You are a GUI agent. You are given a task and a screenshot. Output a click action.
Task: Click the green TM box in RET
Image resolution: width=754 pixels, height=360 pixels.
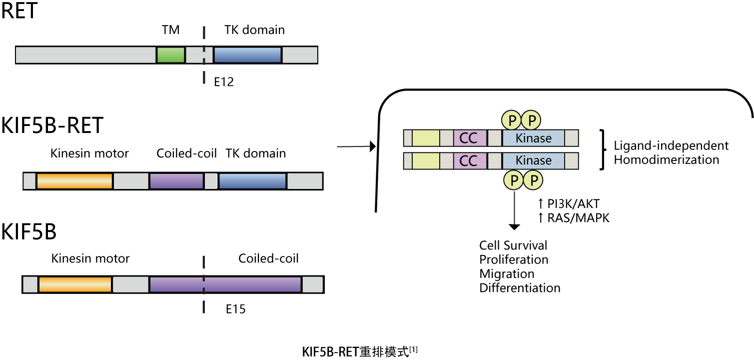[x=171, y=55]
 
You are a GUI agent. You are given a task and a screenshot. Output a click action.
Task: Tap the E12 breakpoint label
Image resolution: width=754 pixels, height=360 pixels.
[x=224, y=82]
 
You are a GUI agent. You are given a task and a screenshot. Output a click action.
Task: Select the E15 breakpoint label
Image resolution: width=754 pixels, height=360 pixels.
[x=236, y=309]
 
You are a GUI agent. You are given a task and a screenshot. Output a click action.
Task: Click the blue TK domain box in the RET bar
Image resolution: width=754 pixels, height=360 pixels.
[x=248, y=55]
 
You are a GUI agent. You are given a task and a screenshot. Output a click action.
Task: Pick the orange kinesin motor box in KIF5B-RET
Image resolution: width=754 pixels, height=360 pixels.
[x=74, y=181]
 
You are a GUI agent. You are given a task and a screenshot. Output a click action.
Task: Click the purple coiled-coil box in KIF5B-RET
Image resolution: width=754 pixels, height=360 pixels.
[x=177, y=181]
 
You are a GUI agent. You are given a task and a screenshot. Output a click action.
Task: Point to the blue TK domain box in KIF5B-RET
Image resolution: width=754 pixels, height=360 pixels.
[x=252, y=181]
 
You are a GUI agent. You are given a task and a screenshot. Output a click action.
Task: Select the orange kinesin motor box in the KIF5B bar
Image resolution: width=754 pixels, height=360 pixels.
[x=75, y=284]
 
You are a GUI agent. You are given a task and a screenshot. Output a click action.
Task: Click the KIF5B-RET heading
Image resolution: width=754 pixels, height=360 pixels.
[x=52, y=125]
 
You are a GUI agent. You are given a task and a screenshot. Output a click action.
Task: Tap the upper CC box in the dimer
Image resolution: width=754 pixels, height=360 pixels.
[x=470, y=138]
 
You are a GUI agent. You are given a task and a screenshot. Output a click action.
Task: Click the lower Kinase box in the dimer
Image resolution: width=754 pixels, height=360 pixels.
[x=534, y=160]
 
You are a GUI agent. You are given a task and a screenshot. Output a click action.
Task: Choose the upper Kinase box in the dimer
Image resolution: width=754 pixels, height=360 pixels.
[x=534, y=138]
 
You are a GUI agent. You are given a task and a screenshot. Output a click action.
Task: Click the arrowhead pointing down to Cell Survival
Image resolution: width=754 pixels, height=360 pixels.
[x=514, y=227]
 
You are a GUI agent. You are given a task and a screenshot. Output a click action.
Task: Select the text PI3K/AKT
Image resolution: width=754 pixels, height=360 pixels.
[x=574, y=203]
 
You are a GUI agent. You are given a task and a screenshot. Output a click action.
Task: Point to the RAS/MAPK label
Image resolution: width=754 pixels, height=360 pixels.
[x=578, y=218]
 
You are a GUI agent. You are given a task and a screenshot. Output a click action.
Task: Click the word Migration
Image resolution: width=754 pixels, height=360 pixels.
[x=507, y=274]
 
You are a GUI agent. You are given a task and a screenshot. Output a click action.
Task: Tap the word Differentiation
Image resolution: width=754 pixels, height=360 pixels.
[x=520, y=288]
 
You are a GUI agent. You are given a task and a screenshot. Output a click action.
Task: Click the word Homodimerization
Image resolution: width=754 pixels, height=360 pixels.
[x=667, y=159]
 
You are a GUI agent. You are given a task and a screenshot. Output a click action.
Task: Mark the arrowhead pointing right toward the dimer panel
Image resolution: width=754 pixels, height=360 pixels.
[x=373, y=146]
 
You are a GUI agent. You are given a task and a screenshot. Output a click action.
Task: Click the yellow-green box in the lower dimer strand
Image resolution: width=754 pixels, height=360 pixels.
[x=426, y=160]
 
